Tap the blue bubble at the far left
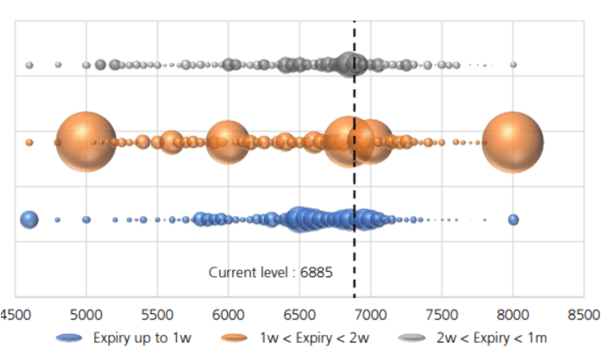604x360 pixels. point(29,219)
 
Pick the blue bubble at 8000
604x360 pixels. point(513,220)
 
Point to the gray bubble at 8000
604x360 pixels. point(513,65)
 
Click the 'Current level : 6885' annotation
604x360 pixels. point(271,273)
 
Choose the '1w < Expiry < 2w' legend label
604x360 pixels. point(309,338)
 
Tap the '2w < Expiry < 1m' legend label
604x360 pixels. point(491,338)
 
